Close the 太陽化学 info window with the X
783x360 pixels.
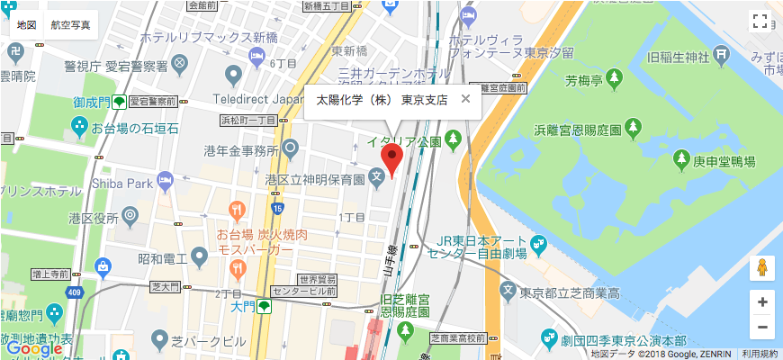tap(465, 99)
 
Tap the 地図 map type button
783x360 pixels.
tap(27, 24)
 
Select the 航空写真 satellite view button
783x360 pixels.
tap(71, 24)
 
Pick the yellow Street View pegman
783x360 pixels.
tap(761, 267)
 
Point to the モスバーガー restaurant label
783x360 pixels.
tap(256, 249)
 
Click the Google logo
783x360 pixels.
tap(33, 349)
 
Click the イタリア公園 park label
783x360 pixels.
tap(402, 141)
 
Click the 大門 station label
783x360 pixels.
tap(243, 307)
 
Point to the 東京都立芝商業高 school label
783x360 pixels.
tap(576, 293)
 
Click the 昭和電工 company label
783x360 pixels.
tap(162, 259)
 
